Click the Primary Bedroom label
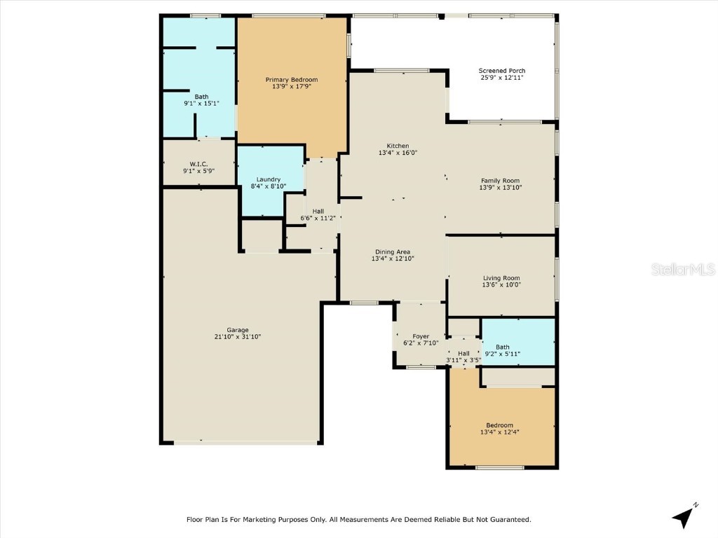tap(291, 79)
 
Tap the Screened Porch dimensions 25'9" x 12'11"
tap(502, 78)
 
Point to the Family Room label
tap(500, 180)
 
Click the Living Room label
tap(501, 277)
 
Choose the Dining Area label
tap(393, 251)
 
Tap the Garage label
tap(237, 330)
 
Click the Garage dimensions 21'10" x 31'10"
tap(237, 337)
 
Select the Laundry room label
tap(268, 179)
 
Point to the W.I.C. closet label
tap(198, 164)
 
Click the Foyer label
tap(421, 336)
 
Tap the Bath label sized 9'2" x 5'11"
tap(503, 347)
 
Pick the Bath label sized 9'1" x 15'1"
tap(201, 97)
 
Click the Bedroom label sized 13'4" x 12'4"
tap(499, 425)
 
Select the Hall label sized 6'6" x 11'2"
tap(318, 211)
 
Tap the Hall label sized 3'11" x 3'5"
tap(463, 354)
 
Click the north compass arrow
tap(684, 516)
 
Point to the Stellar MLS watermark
tap(682, 269)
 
